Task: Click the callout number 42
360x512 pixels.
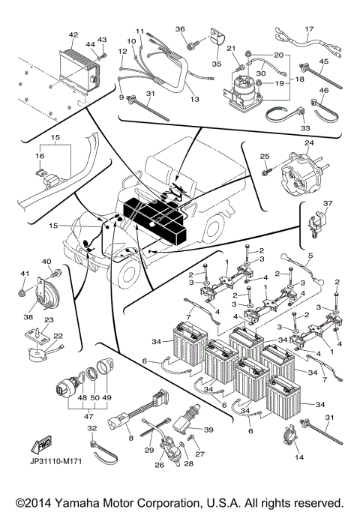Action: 73,34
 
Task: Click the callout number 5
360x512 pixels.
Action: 310,256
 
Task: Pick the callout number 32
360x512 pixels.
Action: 92,428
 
